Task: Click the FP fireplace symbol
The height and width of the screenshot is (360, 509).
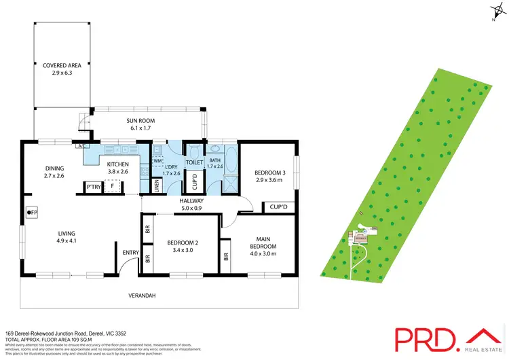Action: (33, 213)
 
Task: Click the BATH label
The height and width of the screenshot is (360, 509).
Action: (215, 160)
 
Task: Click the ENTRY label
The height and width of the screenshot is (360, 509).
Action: (130, 253)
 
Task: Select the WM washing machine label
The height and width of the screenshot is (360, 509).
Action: (157, 161)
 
